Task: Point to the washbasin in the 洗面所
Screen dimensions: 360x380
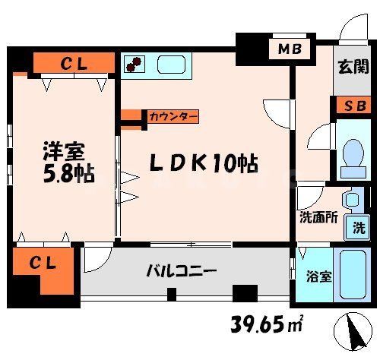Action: (x=351, y=199)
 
